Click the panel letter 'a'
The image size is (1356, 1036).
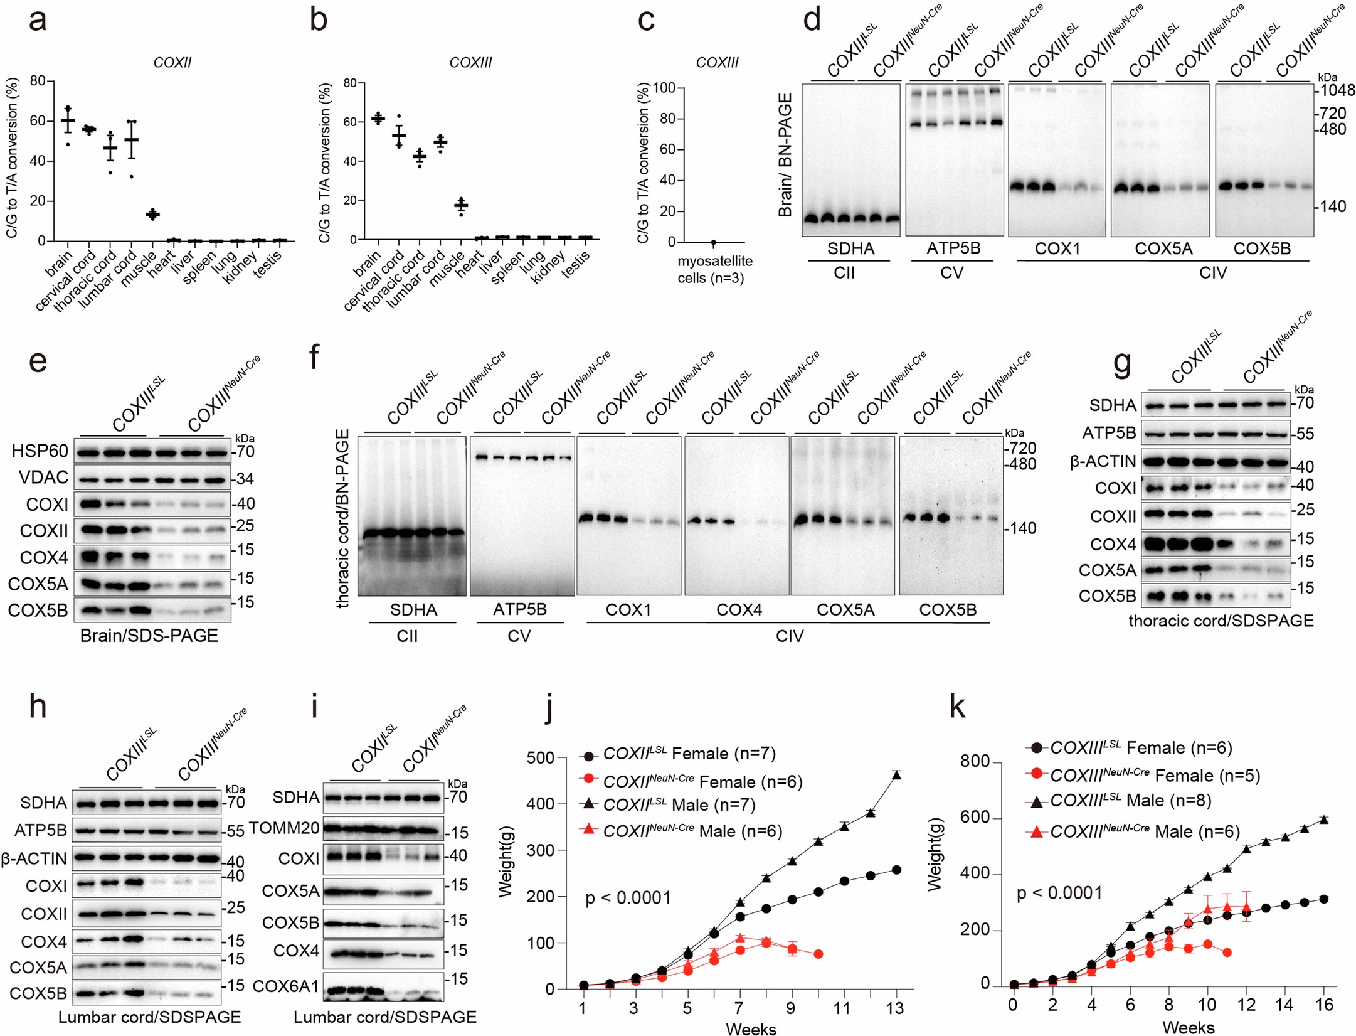[38, 21]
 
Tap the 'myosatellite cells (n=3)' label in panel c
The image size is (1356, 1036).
[714, 269]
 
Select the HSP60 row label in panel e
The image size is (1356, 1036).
[39, 451]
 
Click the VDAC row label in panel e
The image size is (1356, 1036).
[43, 478]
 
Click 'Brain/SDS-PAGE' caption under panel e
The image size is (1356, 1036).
[149, 636]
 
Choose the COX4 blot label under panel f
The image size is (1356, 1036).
[739, 610]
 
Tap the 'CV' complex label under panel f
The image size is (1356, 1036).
[519, 636]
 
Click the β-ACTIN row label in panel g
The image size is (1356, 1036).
[1103, 462]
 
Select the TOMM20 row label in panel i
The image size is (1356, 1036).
[284, 828]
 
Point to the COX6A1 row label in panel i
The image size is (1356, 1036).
[285, 986]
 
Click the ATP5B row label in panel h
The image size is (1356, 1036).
[41, 830]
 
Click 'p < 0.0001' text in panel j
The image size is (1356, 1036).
[628, 898]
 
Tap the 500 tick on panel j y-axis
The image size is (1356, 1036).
[541, 757]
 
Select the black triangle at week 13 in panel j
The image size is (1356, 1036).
[896, 775]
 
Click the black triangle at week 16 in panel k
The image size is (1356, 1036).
[1323, 820]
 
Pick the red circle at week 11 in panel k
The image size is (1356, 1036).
[1227, 953]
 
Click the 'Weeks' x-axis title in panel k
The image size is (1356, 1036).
[1188, 1027]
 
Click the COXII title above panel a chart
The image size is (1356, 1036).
[172, 62]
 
